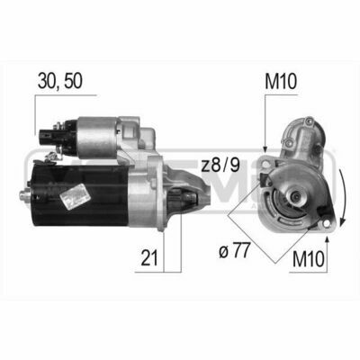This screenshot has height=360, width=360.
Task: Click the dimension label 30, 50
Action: [x=60, y=81]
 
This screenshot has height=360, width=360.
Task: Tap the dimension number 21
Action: [x=149, y=258]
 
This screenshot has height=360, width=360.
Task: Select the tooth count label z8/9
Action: [x=220, y=166]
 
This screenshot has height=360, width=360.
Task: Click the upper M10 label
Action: [x=281, y=82]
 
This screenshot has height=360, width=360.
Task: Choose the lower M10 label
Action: [x=309, y=259]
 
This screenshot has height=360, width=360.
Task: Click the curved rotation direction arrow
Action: [x=343, y=198]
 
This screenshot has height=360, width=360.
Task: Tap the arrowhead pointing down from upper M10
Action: [x=265, y=149]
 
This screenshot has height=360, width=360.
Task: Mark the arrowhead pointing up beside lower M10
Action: [x=328, y=239]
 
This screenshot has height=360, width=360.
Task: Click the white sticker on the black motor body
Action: [x=75, y=196]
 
